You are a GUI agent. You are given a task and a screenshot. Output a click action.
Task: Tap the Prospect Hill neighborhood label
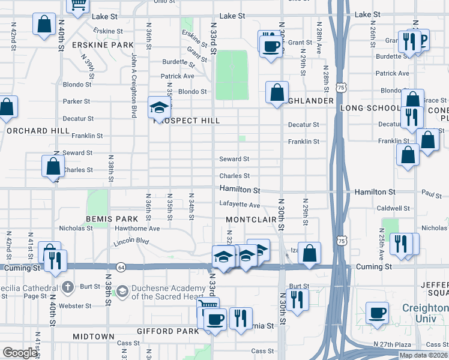click(187, 121)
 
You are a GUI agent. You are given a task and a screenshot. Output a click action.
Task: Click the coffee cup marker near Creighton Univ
click(378, 313)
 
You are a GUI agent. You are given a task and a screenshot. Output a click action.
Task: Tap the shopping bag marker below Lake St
click(45, 25)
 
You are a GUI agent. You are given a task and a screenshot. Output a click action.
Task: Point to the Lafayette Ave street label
click(240, 205)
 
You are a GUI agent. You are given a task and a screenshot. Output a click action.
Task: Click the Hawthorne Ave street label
click(138, 229)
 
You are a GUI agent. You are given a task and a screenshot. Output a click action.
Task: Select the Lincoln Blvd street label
click(131, 242)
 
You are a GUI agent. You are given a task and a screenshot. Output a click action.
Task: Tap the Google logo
click(20, 353)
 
